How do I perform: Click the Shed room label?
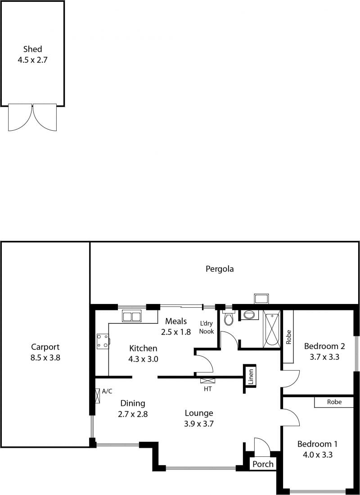tap(32, 49)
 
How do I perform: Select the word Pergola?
tap(220, 269)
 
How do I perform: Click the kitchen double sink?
tap(131, 316)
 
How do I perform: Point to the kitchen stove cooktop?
tap(103, 341)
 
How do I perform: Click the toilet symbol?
tap(228, 318)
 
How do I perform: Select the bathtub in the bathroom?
tap(272, 329)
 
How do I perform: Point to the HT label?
tap(207, 389)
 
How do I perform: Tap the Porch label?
tap(263, 464)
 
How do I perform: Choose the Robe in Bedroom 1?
tap(334, 402)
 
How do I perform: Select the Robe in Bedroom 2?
tap(288, 336)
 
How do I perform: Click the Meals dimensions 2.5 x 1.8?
tap(176, 332)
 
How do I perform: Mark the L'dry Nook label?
tap(207, 327)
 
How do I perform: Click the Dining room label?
tap(133, 404)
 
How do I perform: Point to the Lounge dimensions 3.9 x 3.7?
tap(199, 424)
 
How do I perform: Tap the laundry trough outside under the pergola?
tap(261, 299)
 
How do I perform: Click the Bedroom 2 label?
tap(324, 346)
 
